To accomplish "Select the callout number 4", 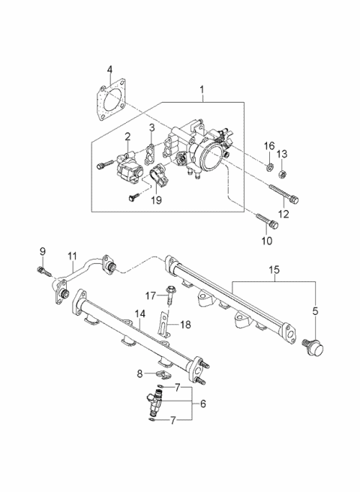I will [x=109, y=70].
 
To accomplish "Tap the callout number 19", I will [x=155, y=201].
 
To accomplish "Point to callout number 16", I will [x=268, y=145].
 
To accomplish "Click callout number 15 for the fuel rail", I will [x=274, y=268].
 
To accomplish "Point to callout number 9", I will [x=42, y=250].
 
